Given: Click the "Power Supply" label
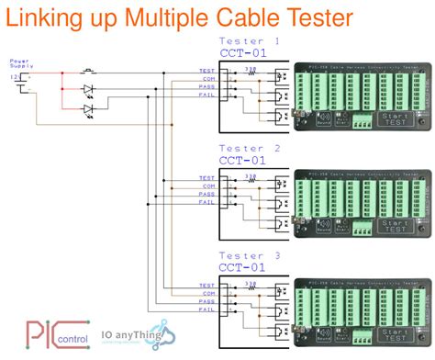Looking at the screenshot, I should [x=19, y=65].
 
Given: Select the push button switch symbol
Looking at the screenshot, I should [x=89, y=71].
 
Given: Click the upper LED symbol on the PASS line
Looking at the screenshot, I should [x=89, y=90].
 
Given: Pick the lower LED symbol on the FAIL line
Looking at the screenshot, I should [x=89, y=109].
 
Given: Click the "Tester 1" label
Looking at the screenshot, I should [x=249, y=41].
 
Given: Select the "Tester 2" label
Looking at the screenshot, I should [x=249, y=148].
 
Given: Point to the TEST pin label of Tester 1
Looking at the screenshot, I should [x=206, y=72].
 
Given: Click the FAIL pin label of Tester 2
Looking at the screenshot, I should [x=206, y=202].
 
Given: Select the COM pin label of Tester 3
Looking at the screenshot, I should [x=207, y=295].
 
